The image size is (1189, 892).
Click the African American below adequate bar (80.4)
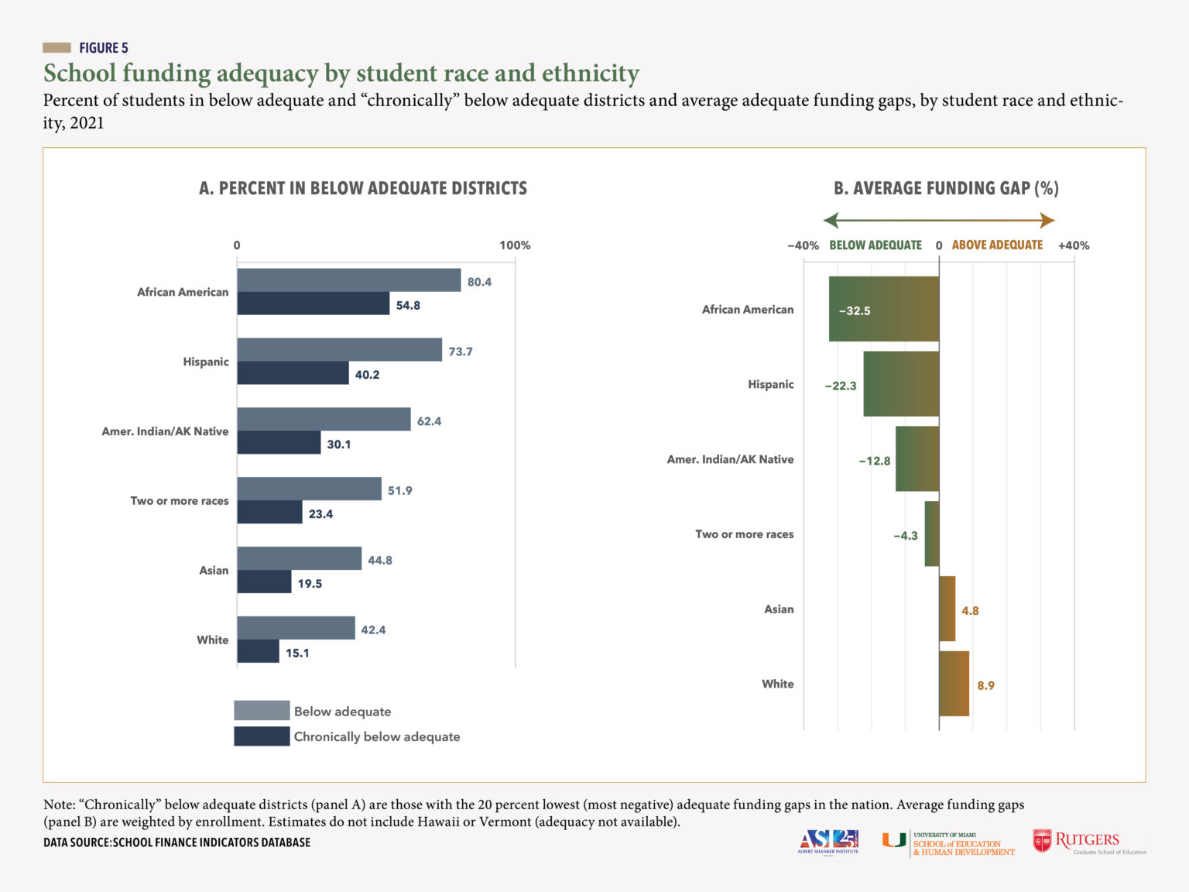[348, 280]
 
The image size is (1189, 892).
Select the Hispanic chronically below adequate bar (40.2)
[293, 373]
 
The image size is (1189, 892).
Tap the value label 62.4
[429, 421]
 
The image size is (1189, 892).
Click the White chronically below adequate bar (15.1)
[258, 652]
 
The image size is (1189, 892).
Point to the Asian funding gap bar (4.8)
[947, 609]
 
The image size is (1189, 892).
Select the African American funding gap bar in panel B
[883, 309]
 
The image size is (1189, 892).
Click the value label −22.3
[840, 386]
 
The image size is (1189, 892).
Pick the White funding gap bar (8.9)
[954, 684]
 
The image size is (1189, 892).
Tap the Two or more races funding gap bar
[931, 533]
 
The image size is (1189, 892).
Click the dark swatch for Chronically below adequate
[262, 736]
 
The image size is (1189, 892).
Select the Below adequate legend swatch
[262, 711]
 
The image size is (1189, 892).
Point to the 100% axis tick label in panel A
[515, 245]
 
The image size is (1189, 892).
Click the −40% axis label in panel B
[803, 245]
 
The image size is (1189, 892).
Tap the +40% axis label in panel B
[1074, 245]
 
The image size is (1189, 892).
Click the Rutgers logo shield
[1042, 841]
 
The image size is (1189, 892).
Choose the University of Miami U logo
[894, 840]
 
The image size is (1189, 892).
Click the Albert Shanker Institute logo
[828, 841]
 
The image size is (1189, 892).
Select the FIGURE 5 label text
[104, 48]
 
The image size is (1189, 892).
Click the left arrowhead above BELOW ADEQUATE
[831, 221]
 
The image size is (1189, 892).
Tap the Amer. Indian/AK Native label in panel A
[165, 431]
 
